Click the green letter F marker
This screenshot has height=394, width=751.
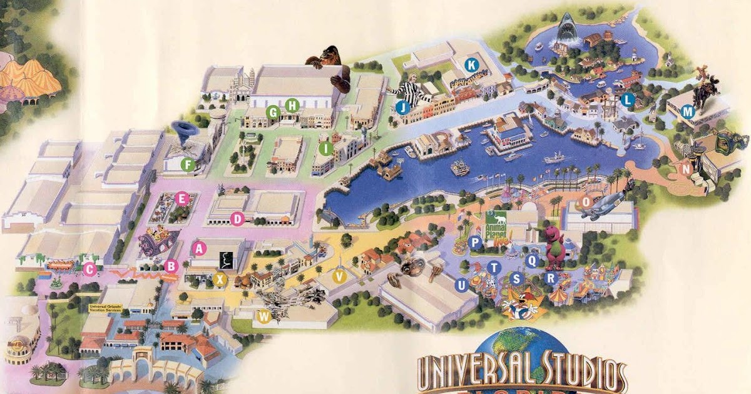(x=186, y=164)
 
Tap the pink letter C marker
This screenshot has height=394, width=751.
(x=89, y=270)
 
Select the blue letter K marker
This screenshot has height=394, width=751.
(x=471, y=64)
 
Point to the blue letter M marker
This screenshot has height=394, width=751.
(x=688, y=112)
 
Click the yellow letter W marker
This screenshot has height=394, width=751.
(x=264, y=316)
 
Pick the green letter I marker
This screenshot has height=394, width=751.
(x=325, y=148)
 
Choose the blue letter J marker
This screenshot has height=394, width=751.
(x=402, y=107)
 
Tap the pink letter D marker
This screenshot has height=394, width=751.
(x=237, y=219)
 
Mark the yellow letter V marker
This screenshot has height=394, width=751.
(x=340, y=276)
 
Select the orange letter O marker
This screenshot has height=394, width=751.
(x=586, y=201)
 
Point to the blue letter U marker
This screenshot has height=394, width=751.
(x=462, y=285)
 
